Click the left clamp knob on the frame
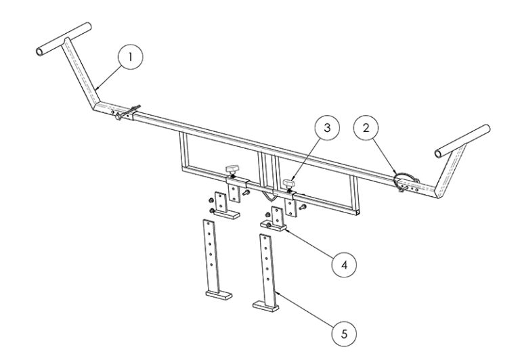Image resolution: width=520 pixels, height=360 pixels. click(233, 167)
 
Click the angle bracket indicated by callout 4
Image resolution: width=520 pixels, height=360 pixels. click(278, 220)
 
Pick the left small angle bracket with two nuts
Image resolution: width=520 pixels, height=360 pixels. click(220, 206)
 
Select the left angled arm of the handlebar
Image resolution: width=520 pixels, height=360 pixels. click(81, 74)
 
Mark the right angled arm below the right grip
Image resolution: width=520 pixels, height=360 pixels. click(447, 173)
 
